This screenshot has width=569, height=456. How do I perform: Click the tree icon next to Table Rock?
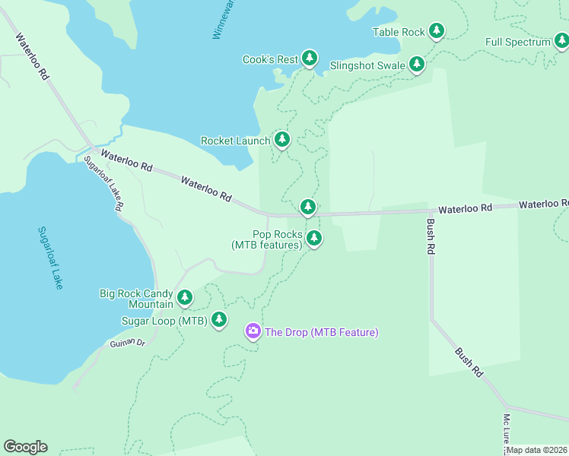click(x=436, y=31)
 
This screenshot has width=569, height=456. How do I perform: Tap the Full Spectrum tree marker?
click(x=561, y=42)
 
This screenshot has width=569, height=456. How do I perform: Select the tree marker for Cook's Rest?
click(x=309, y=58)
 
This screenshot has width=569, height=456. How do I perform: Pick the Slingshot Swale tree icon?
click(x=417, y=65)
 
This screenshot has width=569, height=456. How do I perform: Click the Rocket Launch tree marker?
click(x=282, y=139)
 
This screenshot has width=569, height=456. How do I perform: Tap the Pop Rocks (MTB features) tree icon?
click(x=313, y=239)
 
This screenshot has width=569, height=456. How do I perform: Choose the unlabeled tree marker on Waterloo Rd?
click(x=307, y=206)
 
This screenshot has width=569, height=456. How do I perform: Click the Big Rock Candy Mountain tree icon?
click(x=185, y=297)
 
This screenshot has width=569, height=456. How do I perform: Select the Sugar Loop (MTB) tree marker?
click(x=219, y=319)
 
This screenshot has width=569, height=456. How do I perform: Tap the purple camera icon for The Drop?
click(x=253, y=331)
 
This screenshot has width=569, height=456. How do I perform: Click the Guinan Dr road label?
click(x=126, y=343)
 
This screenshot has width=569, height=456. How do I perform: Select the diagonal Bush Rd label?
click(x=469, y=362)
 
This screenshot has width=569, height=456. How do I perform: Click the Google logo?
click(x=25, y=447)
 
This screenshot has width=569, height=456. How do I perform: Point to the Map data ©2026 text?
click(x=537, y=450)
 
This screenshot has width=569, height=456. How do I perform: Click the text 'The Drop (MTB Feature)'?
click(x=321, y=332)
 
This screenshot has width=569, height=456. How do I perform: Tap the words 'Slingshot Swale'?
click(x=367, y=65)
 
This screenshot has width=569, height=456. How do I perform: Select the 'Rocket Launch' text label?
click(x=235, y=141)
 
